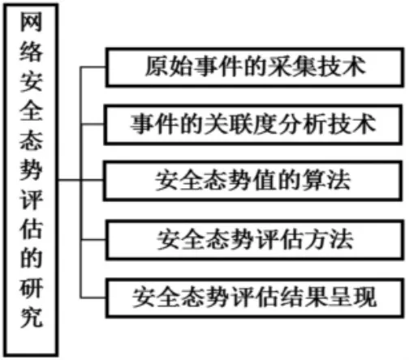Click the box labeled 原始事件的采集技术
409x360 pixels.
[x=255, y=67]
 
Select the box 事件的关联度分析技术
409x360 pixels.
[x=253, y=125]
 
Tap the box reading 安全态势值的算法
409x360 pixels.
[x=252, y=181]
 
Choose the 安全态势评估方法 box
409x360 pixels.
[x=254, y=240]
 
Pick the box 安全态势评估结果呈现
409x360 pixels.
[x=254, y=298]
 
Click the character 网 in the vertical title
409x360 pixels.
[x=31, y=22]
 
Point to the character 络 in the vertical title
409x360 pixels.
[x=31, y=52]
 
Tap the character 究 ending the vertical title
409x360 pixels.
[x=31, y=317]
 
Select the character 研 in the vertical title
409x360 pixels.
[x=31, y=287]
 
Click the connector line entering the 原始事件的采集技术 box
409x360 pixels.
[x=93, y=67]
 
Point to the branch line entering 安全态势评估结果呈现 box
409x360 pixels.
[x=93, y=298]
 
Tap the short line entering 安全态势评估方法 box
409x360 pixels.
[x=93, y=240]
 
